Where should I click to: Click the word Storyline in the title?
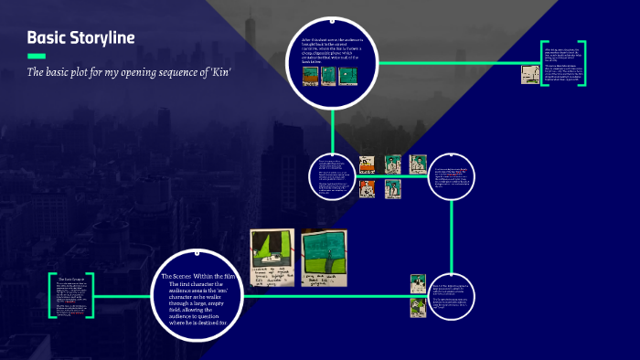pyautogui.click(x=105, y=37)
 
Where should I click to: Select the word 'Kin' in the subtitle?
pyautogui.click(x=219, y=72)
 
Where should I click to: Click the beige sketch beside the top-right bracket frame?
pyautogui.click(x=530, y=75)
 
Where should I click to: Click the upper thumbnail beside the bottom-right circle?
pyautogui.click(x=418, y=283)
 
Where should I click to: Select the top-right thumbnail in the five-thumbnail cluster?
pyautogui.click(x=418, y=165)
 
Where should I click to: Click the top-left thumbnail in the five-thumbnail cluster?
pyautogui.click(x=367, y=165)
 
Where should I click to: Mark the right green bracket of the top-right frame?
pyautogui.click(x=582, y=63)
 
